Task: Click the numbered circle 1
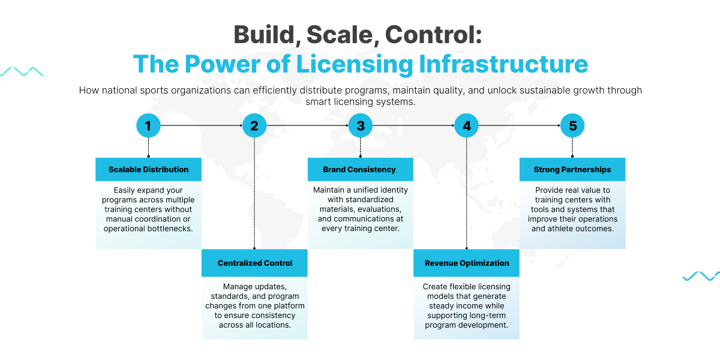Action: point(148,126)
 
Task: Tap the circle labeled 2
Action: point(254,126)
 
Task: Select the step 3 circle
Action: point(361,126)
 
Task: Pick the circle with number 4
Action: point(466,126)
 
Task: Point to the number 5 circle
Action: point(572,126)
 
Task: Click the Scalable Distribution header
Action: point(148,169)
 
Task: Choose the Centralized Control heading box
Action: point(254,263)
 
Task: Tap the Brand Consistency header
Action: point(360,169)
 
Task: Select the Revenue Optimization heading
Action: point(466,263)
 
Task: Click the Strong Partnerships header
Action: point(572,169)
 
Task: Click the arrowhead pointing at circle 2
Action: point(241,126)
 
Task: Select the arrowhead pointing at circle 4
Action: point(452,126)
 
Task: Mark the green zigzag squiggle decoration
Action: point(22,71)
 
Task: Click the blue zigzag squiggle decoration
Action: point(701,276)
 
